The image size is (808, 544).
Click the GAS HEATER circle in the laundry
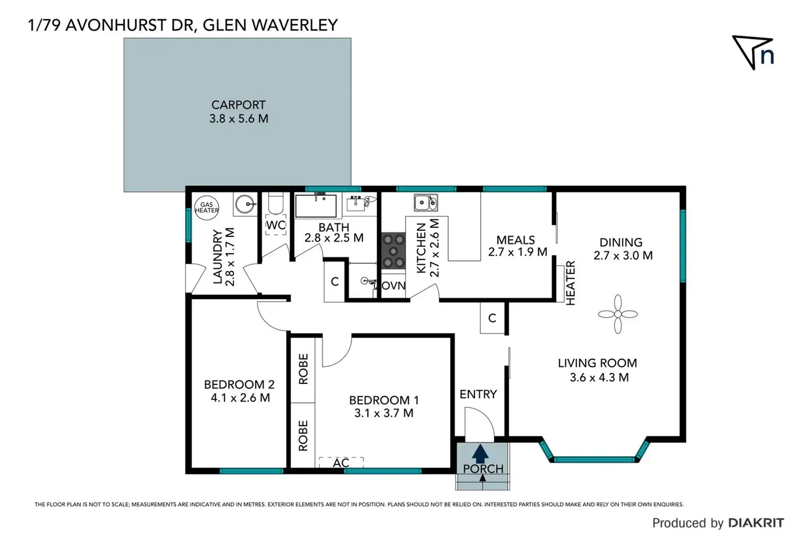[206, 208]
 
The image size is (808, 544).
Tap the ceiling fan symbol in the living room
[618, 314]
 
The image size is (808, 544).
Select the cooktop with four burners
[393, 251]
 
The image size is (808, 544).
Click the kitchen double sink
[425, 202]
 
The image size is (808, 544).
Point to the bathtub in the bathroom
[316, 206]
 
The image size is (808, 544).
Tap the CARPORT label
[238, 105]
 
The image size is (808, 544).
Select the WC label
[276, 225]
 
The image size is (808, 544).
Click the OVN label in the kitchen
[394, 286]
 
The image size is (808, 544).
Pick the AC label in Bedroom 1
[341, 463]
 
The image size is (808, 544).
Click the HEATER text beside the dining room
[570, 283]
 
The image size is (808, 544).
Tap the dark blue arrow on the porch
[480, 453]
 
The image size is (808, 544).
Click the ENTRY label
[478, 394]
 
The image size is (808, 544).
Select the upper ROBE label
[303, 369]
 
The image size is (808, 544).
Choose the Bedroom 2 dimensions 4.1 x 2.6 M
[240, 398]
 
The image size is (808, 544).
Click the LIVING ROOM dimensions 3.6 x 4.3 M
[599, 377]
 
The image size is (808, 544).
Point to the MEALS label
[515, 240]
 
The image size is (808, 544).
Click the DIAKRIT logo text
[756, 523]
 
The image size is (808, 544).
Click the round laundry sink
[245, 205]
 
